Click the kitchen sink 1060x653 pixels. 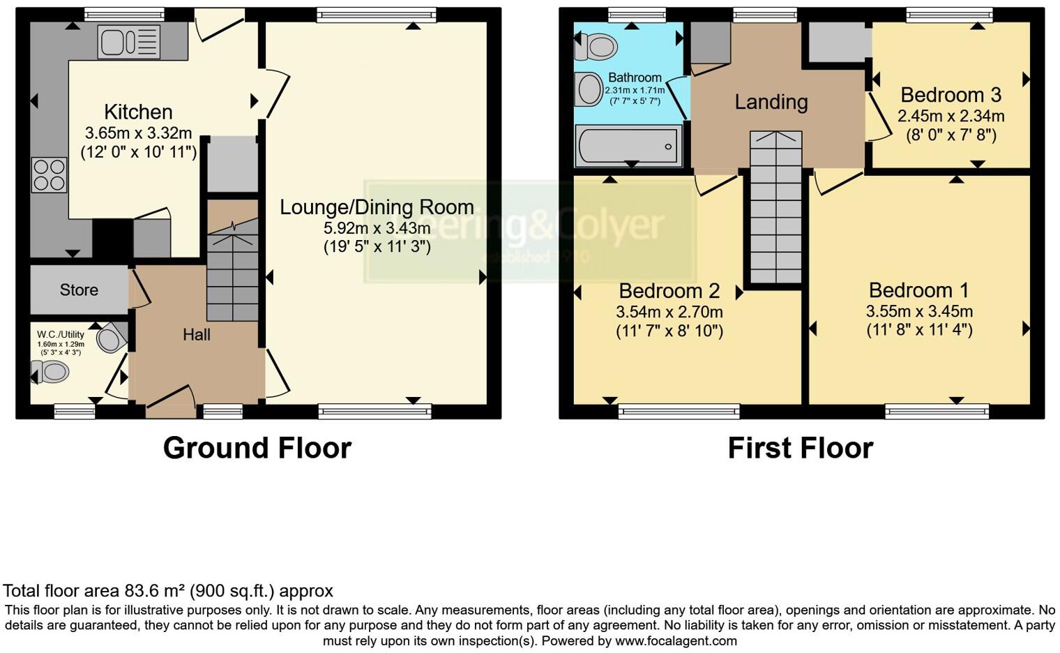tap(130, 42)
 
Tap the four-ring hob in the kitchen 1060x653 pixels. tap(50, 174)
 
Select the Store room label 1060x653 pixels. tap(79, 290)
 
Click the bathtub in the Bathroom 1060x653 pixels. tap(628, 146)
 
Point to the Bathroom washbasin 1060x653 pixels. tap(590, 89)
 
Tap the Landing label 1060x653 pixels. tap(771, 102)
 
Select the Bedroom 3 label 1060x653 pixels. tap(951, 95)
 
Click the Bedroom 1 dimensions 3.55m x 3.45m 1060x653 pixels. tap(919, 311)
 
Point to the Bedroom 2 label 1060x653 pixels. tap(669, 290)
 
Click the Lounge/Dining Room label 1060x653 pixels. tap(377, 207)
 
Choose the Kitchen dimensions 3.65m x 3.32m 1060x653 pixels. tap(138, 133)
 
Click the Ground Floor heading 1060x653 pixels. tap(257, 448)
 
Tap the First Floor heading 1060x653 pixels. tap(800, 448)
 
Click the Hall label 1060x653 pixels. tap(196, 335)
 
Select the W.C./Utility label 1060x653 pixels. tap(60, 334)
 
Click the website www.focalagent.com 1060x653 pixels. tap(676, 640)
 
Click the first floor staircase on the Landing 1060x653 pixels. tap(775, 209)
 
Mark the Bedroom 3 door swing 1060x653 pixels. tap(879, 119)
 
